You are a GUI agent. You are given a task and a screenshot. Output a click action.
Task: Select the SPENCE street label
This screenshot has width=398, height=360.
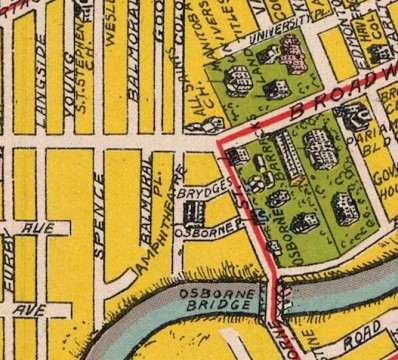100,214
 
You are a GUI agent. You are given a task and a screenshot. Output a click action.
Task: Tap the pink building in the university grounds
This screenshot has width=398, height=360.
291,50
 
